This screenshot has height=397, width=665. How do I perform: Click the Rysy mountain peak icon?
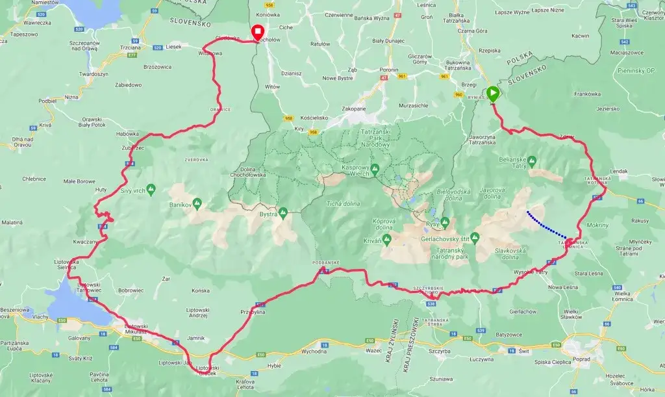pyautogui.click(x=445, y=222)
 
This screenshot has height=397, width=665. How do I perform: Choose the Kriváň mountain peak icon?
pyautogui.click(x=386, y=240)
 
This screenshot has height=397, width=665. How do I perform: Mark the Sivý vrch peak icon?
pyautogui.click(x=151, y=189)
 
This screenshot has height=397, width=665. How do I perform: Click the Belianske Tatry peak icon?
pyautogui.click(x=532, y=160)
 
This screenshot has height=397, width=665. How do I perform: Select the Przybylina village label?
pyautogui.click(x=253, y=312)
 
